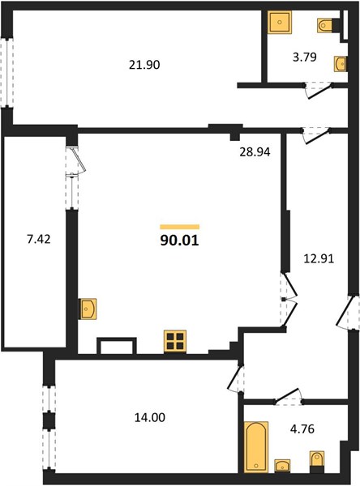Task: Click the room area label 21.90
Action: pyautogui.click(x=144, y=65)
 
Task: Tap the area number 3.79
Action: pyautogui.click(x=304, y=57)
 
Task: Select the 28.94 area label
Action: pyautogui.click(x=255, y=152)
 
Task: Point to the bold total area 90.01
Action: pyautogui.click(x=179, y=241)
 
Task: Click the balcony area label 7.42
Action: pyautogui.click(x=38, y=239)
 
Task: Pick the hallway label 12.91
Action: pyautogui.click(x=319, y=258)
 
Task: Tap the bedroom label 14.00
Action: pyautogui.click(x=149, y=417)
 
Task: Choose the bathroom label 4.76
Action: pyautogui.click(x=302, y=429)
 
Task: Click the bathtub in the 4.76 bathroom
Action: pyautogui.click(x=256, y=446)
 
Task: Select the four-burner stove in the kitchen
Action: pyautogui.click(x=175, y=341)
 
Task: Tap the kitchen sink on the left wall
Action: pyautogui.click(x=88, y=309)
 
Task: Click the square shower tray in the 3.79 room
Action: pyautogui.click(x=280, y=23)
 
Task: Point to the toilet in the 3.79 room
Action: pyautogui.click(x=324, y=25)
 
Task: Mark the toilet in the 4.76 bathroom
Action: pyautogui.click(x=317, y=461)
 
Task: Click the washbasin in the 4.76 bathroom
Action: pyautogui.click(x=282, y=466)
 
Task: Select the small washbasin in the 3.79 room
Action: pyautogui.click(x=341, y=64)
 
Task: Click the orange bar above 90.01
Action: pyautogui.click(x=180, y=227)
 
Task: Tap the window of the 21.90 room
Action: pyautogui.click(x=6, y=73)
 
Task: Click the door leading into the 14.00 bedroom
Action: pyautogui.click(x=234, y=377)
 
